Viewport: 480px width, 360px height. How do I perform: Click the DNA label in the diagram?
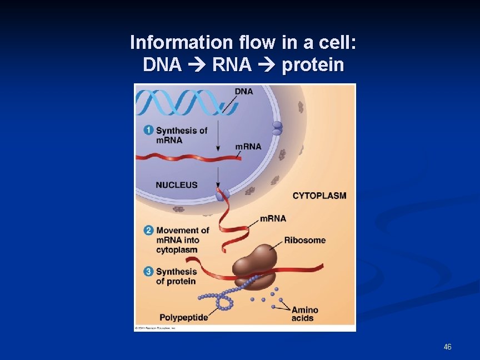click(243, 91)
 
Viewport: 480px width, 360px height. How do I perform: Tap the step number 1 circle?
click(148, 130)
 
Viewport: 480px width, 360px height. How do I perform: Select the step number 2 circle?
click(148, 230)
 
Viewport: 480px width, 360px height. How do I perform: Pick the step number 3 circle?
click(148, 271)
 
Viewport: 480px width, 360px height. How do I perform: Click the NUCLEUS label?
click(177, 184)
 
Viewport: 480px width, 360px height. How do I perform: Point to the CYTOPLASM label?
click(319, 196)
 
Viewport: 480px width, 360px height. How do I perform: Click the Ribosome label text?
click(305, 240)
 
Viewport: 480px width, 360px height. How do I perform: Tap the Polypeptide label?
click(184, 318)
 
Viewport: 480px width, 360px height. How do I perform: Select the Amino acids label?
click(304, 314)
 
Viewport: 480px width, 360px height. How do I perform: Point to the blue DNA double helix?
click(178, 103)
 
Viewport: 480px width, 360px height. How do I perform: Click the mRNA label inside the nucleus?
click(248, 147)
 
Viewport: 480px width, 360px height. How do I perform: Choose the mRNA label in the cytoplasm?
click(273, 218)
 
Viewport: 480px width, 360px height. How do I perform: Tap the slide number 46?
click(448, 347)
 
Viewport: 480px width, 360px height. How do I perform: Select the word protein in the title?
click(313, 66)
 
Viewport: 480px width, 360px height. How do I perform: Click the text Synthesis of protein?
click(176, 276)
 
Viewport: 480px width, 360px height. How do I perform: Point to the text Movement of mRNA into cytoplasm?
click(182, 240)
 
